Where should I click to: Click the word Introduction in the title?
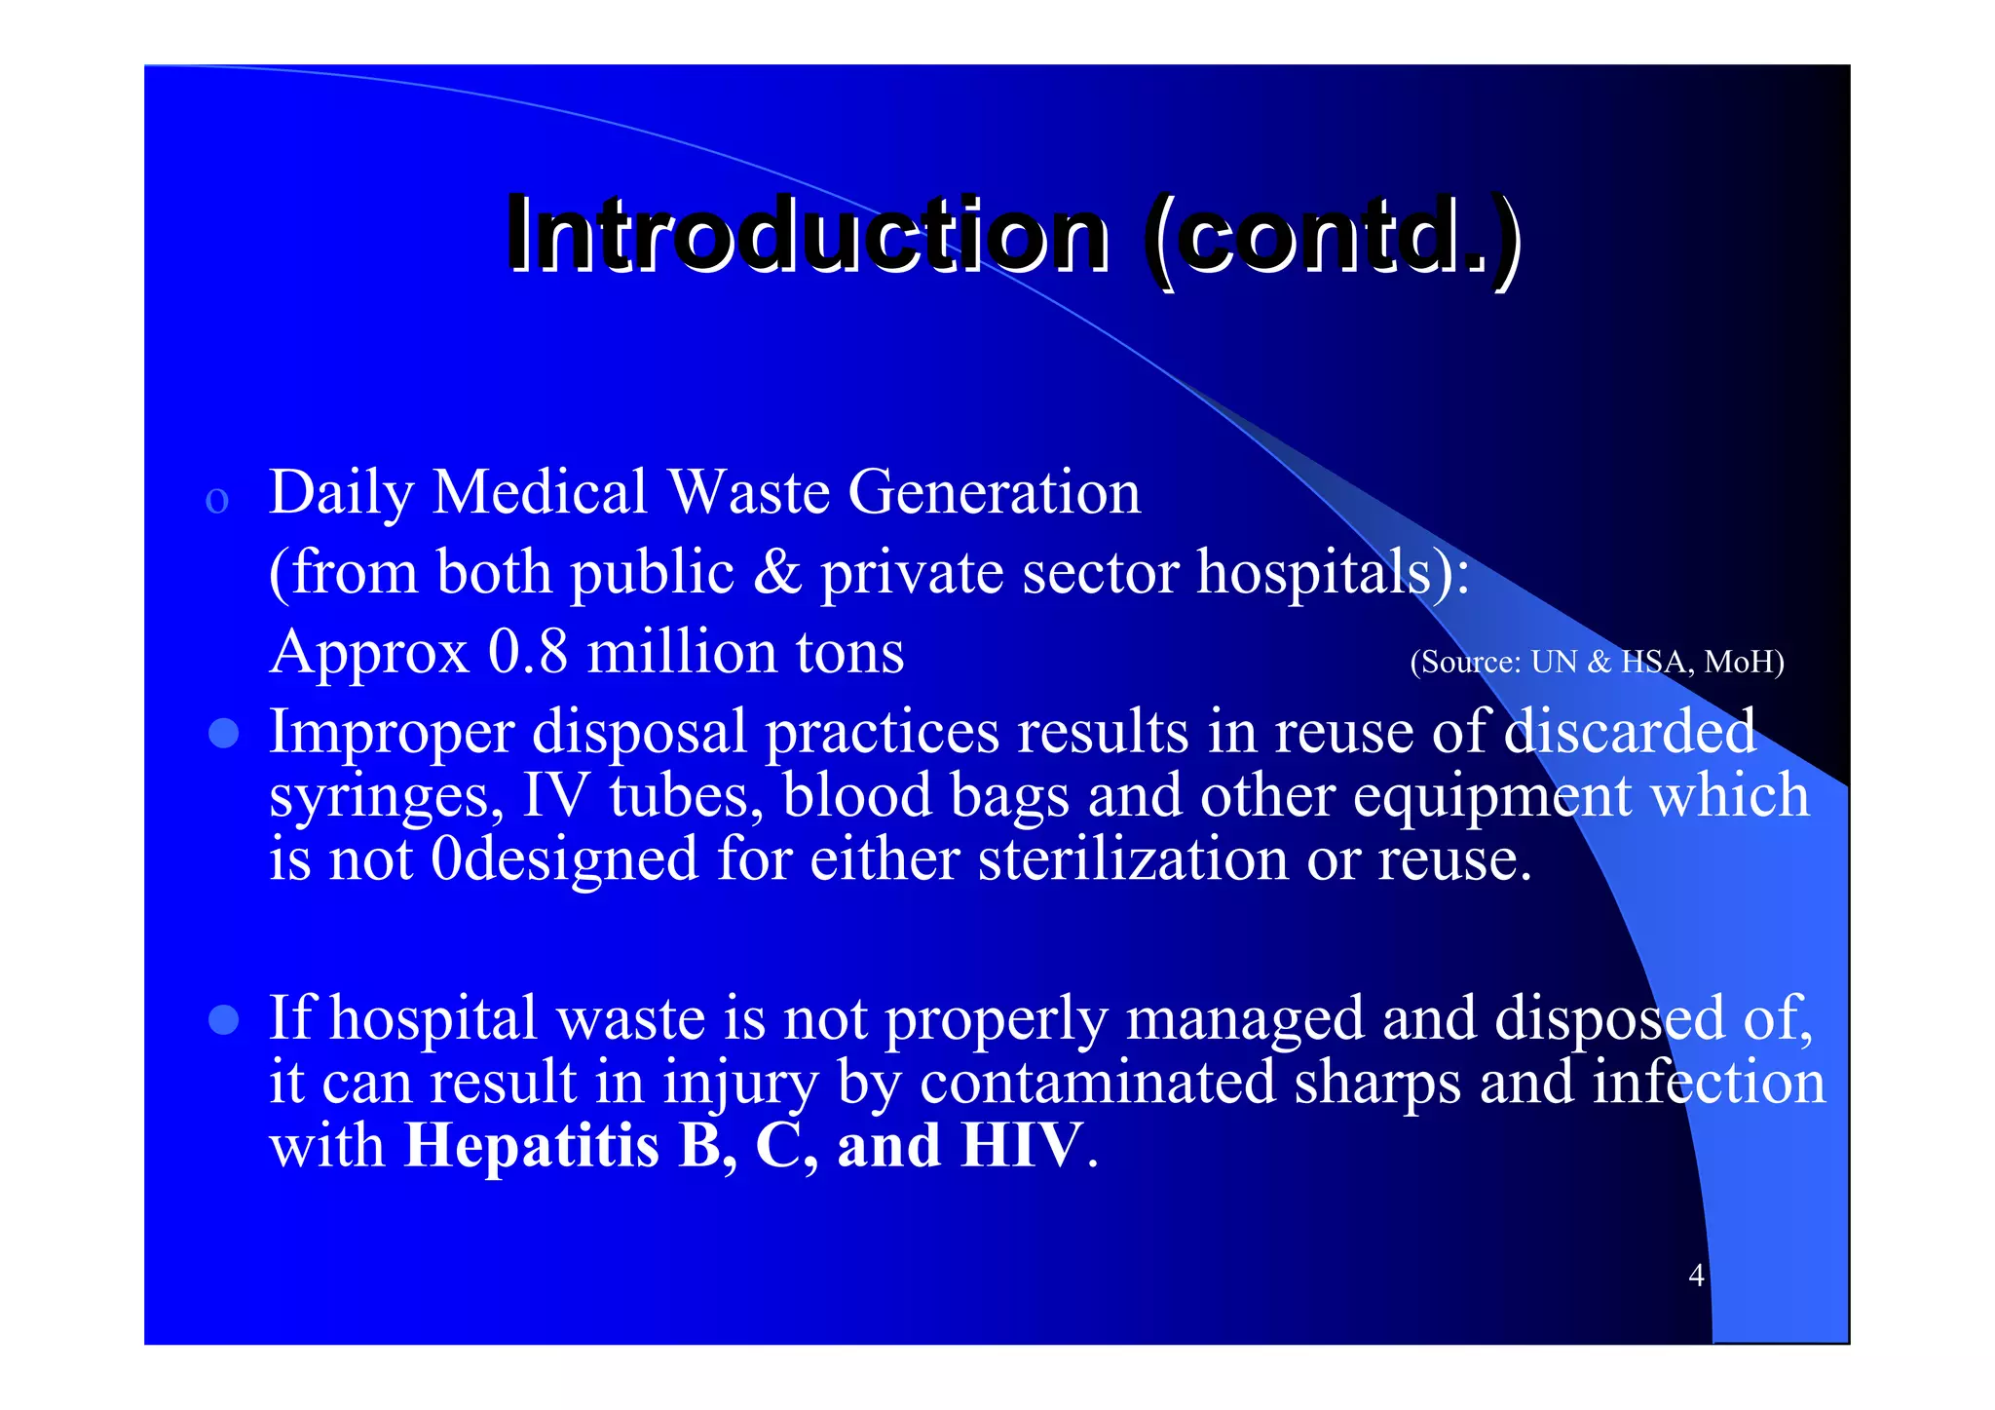pyautogui.click(x=807, y=235)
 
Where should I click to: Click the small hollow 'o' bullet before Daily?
pyautogui.click(x=217, y=501)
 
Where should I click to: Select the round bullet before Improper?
pyautogui.click(x=224, y=733)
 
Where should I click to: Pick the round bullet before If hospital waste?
pyautogui.click(x=224, y=1019)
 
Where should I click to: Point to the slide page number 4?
pyautogui.click(x=1696, y=1275)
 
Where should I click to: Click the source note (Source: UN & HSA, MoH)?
pyautogui.click(x=1597, y=662)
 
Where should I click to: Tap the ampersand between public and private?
pyautogui.click(x=776, y=572)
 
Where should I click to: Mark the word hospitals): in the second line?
pyautogui.click(x=1333, y=572)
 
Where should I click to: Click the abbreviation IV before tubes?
pyautogui.click(x=555, y=796)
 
